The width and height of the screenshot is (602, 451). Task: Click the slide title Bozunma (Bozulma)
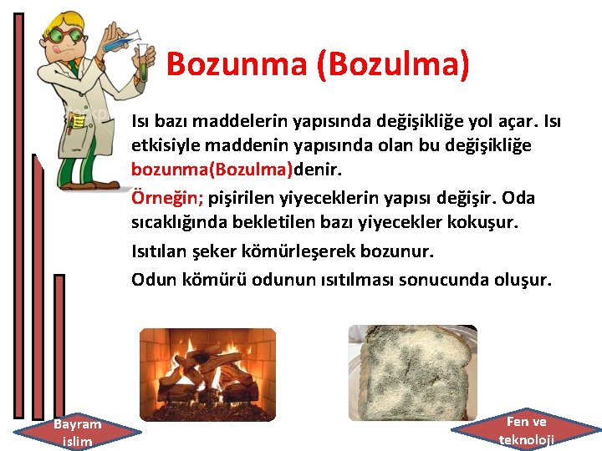(318, 64)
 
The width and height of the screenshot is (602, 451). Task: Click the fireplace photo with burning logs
(207, 372)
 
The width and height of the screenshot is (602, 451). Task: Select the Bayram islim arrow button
(77, 432)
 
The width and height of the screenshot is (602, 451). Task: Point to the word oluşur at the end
(523, 279)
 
